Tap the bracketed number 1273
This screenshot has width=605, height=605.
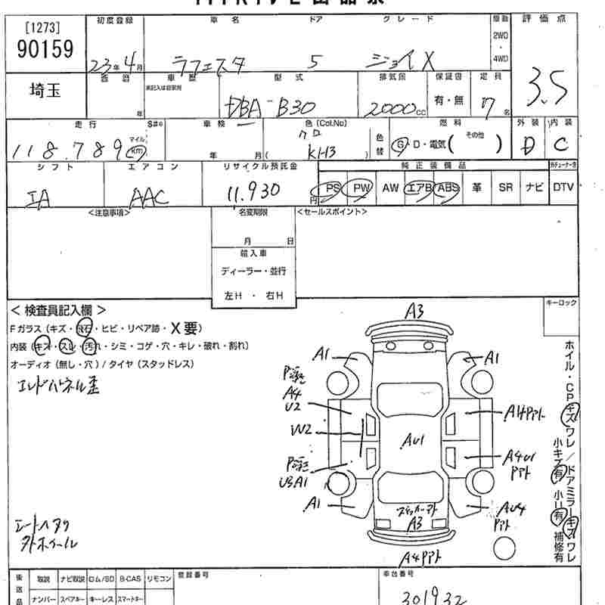43,28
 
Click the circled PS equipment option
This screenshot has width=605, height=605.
331,188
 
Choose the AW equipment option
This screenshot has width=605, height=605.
390,188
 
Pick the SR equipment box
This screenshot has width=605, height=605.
505,188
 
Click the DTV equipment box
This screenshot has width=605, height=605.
563,188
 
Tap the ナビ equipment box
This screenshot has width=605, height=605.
534,188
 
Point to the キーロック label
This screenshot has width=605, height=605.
560,302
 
